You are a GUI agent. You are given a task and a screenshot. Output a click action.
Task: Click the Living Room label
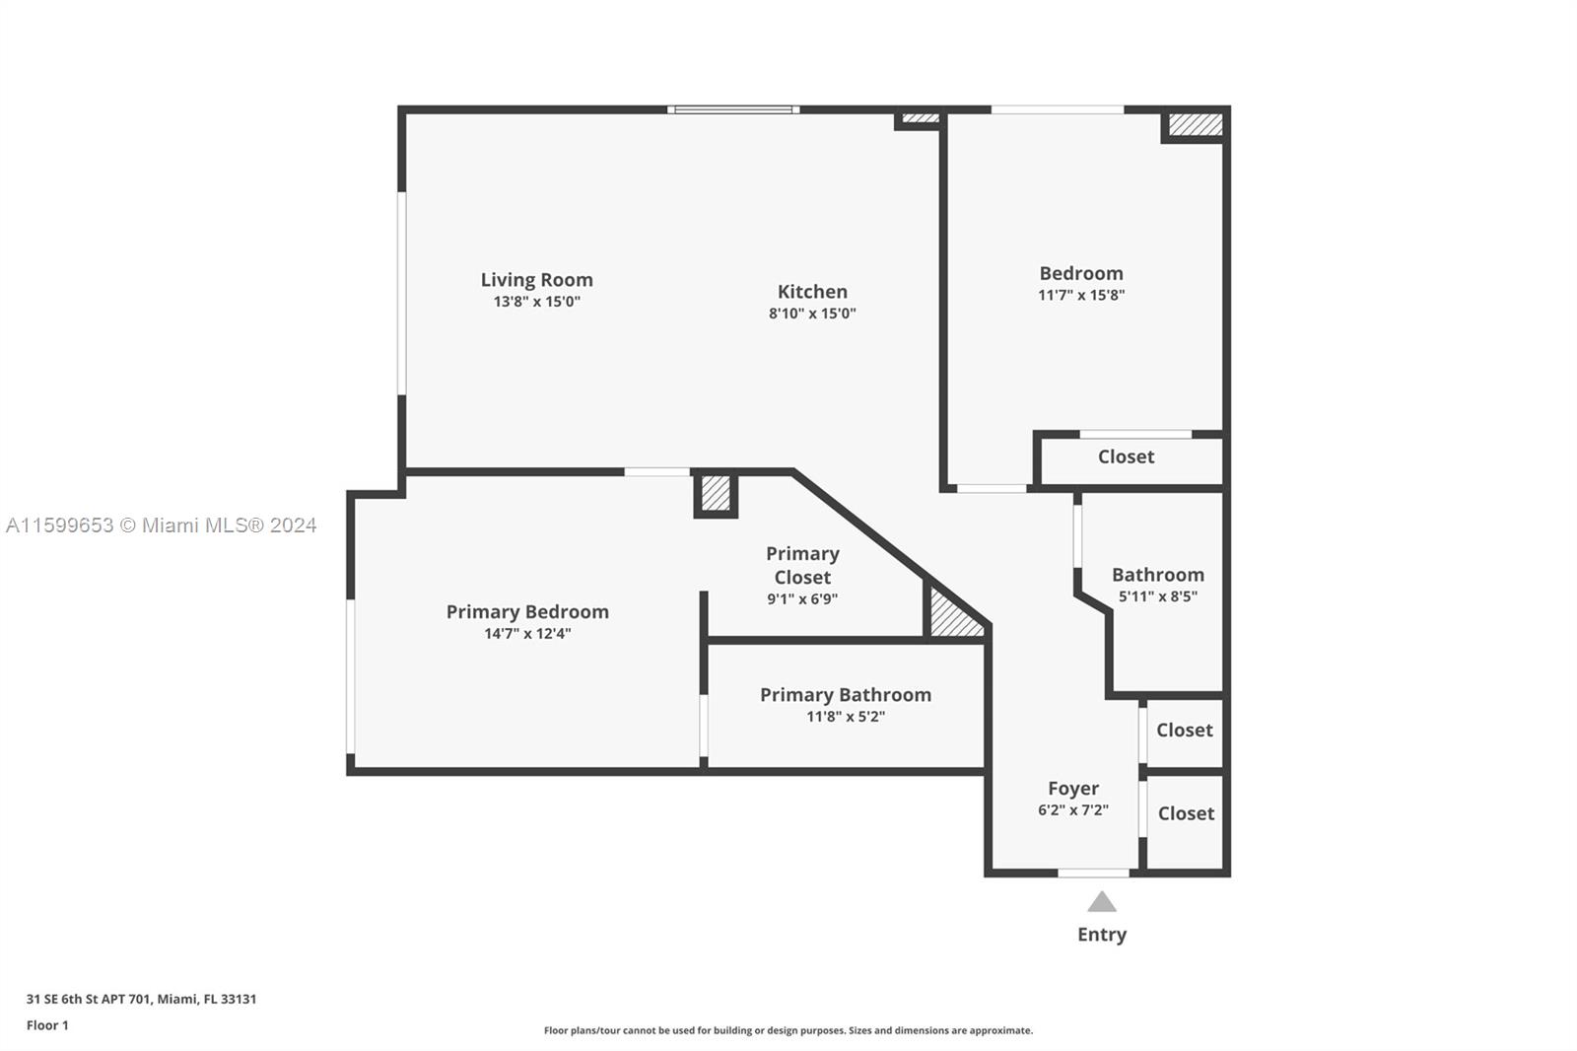pyautogui.click(x=536, y=280)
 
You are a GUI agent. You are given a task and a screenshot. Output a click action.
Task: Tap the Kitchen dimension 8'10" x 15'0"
pyautogui.click(x=812, y=314)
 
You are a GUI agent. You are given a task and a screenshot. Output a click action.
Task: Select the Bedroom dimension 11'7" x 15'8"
pyautogui.click(x=1080, y=295)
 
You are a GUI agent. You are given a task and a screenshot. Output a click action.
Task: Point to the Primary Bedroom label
pyautogui.click(x=527, y=611)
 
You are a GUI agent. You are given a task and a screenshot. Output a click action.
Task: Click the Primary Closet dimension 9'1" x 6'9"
pyautogui.click(x=802, y=599)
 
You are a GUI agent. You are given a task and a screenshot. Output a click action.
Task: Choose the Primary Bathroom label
pyautogui.click(x=846, y=694)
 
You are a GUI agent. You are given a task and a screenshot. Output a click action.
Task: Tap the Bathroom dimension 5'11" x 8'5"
pyautogui.click(x=1157, y=596)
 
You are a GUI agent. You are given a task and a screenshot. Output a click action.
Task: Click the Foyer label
pyautogui.click(x=1073, y=789)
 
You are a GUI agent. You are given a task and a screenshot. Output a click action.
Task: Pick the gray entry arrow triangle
pyautogui.click(x=1102, y=902)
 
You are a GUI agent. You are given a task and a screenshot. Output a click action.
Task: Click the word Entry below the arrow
pyautogui.click(x=1102, y=935)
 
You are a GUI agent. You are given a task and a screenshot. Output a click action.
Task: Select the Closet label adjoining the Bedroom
pyautogui.click(x=1126, y=456)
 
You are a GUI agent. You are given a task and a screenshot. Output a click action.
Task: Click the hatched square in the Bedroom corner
pyautogui.click(x=1196, y=124)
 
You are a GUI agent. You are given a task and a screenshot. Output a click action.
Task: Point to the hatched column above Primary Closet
pyautogui.click(x=716, y=493)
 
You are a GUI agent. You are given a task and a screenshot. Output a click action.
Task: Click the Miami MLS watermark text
pyautogui.click(x=162, y=525)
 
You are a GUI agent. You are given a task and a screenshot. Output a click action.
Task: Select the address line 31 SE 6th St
pyautogui.click(x=142, y=999)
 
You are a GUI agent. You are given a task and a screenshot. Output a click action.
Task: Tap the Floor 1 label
pyautogui.click(x=47, y=1025)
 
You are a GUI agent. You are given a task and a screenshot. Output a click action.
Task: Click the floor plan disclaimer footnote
pyautogui.click(x=788, y=1030)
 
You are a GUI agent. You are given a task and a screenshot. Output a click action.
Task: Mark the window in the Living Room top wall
pyautogui.click(x=733, y=109)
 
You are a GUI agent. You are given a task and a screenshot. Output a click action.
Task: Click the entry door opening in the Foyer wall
pyautogui.click(x=1093, y=873)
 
